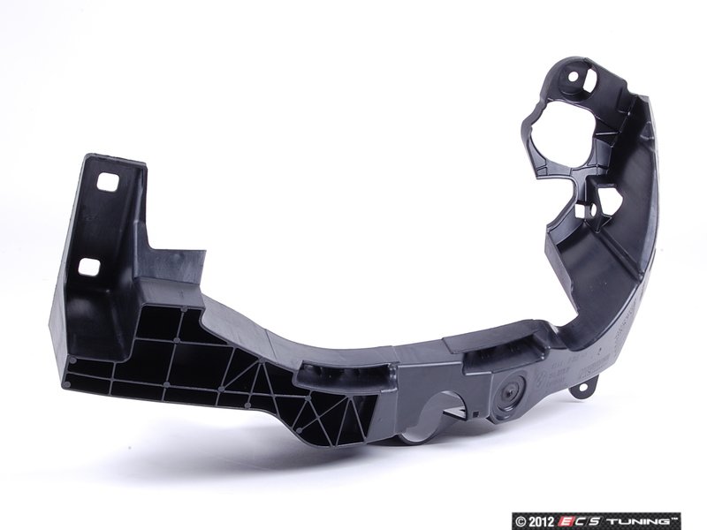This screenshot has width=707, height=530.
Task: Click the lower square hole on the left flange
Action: (x=90, y=266)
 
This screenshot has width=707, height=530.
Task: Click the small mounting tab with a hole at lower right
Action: (x=582, y=387)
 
